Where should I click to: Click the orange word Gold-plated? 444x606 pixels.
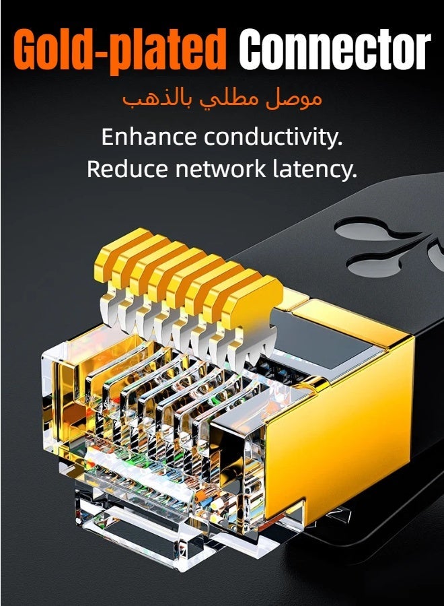[x=120, y=49]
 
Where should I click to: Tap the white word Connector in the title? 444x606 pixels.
[x=335, y=48]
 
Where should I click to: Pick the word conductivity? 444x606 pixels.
[x=273, y=137]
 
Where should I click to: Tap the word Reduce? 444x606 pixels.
[x=127, y=169]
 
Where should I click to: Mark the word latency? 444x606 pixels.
[x=315, y=170]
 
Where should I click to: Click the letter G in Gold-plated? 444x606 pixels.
[x=28, y=49]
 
